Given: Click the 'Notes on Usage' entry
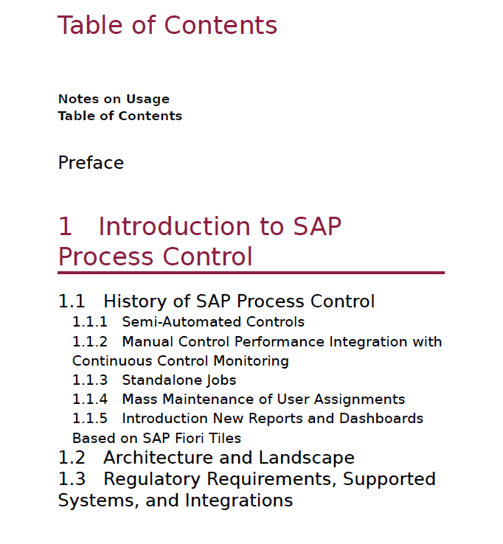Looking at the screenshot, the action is tap(114, 100).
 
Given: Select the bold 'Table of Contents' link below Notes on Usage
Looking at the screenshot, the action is tap(120, 116).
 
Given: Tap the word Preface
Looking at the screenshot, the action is tap(91, 163).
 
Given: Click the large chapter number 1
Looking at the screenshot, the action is tap(65, 226).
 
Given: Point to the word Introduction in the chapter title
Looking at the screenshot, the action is tap(174, 226).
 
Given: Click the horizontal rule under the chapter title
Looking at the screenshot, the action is tap(251, 273).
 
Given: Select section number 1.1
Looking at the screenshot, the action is tap(72, 301).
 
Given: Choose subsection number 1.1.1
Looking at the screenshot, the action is tap(90, 322).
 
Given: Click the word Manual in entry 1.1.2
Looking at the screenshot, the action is tap(148, 342).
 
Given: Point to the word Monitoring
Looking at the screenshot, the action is tap(251, 361).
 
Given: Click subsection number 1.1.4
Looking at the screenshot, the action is tap(90, 400).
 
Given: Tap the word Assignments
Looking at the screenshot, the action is tap(359, 400).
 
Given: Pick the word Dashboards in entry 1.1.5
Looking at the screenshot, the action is tap(381, 419).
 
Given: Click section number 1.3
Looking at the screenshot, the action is tap(72, 479).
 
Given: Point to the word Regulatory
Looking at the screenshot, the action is tap(152, 480).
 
